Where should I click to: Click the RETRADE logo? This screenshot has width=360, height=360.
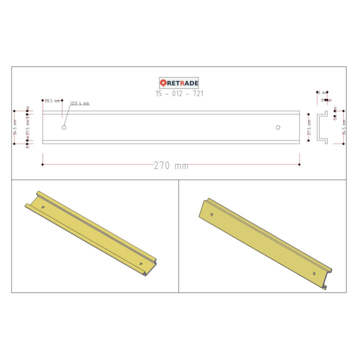(178, 83)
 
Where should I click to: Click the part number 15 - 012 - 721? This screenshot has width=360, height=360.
(179, 93)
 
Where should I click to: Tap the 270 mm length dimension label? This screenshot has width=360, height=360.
(171, 165)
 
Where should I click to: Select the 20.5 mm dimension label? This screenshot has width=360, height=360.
(52, 100)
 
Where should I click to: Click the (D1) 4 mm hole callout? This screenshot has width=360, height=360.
(79, 103)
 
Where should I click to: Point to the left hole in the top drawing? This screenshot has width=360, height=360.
(64, 127)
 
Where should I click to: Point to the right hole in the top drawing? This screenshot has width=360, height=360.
(278, 127)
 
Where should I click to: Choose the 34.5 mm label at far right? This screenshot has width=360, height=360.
(343, 131)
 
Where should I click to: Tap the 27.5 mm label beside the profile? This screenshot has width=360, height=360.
(309, 131)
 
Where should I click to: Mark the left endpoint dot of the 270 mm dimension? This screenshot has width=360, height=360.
(42, 164)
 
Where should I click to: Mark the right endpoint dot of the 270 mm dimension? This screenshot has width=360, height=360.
(299, 164)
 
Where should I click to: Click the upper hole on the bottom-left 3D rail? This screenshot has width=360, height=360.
(43, 206)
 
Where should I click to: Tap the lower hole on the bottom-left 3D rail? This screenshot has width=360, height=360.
(141, 263)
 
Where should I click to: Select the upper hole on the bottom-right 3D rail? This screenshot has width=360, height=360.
(212, 215)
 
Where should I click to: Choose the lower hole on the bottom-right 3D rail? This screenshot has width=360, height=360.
(313, 273)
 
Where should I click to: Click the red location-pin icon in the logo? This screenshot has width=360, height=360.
(163, 83)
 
